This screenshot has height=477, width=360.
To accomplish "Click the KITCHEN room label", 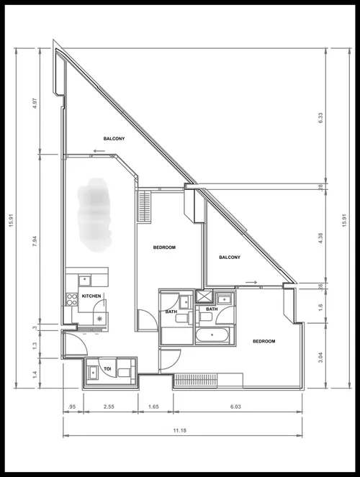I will [91, 296].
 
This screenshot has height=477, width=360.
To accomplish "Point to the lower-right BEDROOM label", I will [264, 341].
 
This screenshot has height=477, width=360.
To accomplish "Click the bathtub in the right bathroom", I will [212, 335].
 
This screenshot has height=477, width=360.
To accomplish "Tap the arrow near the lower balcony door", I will [251, 282].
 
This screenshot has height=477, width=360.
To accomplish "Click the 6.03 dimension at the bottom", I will [237, 407].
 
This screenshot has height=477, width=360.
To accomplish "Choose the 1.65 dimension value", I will [153, 407].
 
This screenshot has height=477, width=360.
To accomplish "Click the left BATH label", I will [171, 312].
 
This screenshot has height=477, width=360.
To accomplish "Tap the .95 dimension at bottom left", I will [73, 407].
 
